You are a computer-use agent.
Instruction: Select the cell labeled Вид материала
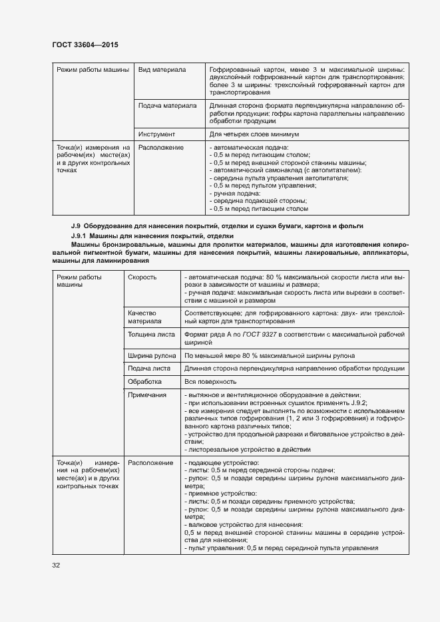tap(162, 69)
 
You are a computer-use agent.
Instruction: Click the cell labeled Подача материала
tap(167, 105)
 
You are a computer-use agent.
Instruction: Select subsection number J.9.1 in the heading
tap(80, 237)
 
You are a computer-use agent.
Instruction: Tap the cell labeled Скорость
tap(142, 277)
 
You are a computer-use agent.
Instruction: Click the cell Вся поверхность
tap(210, 382)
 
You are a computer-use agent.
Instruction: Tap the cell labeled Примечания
tap(147, 395)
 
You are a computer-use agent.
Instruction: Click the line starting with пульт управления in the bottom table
tap(280, 548)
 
